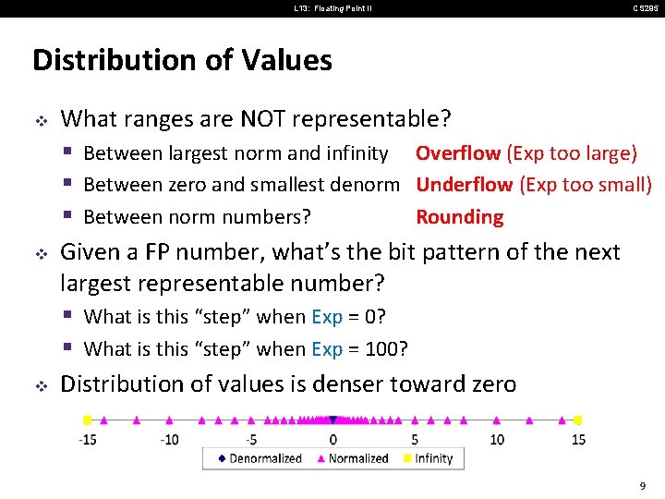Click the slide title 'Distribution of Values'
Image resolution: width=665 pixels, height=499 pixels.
[x=182, y=61]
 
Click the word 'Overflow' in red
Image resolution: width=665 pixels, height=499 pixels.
[x=458, y=152]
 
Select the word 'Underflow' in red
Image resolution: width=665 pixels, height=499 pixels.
[x=464, y=185]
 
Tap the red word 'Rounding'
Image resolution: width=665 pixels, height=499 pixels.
[x=459, y=217]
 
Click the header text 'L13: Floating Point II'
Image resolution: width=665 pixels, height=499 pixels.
[x=332, y=8]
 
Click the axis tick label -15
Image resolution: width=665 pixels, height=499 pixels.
[x=89, y=439]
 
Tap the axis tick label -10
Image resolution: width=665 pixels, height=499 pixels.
[x=169, y=439]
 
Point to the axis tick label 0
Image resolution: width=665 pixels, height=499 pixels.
[x=333, y=439]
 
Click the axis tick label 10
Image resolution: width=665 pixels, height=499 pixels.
[x=497, y=439]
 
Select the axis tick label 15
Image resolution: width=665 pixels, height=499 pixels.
[x=578, y=439]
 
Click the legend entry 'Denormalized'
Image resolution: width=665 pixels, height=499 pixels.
[x=265, y=458]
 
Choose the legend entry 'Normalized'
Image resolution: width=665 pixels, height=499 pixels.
[x=358, y=458]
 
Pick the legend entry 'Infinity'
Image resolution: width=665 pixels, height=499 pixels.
[x=433, y=458]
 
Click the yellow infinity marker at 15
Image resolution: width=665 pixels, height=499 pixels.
[x=578, y=419]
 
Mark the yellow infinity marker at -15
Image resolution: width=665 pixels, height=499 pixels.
[x=87, y=419]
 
